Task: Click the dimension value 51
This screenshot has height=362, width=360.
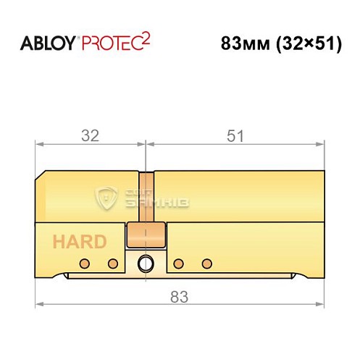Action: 236,135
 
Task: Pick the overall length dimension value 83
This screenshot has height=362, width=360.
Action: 179,295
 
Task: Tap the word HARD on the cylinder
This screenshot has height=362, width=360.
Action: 78,242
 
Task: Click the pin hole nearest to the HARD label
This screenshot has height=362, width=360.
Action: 85,262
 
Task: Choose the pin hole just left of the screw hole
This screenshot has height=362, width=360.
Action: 112,262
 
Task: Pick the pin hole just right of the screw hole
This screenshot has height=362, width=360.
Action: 179,262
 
